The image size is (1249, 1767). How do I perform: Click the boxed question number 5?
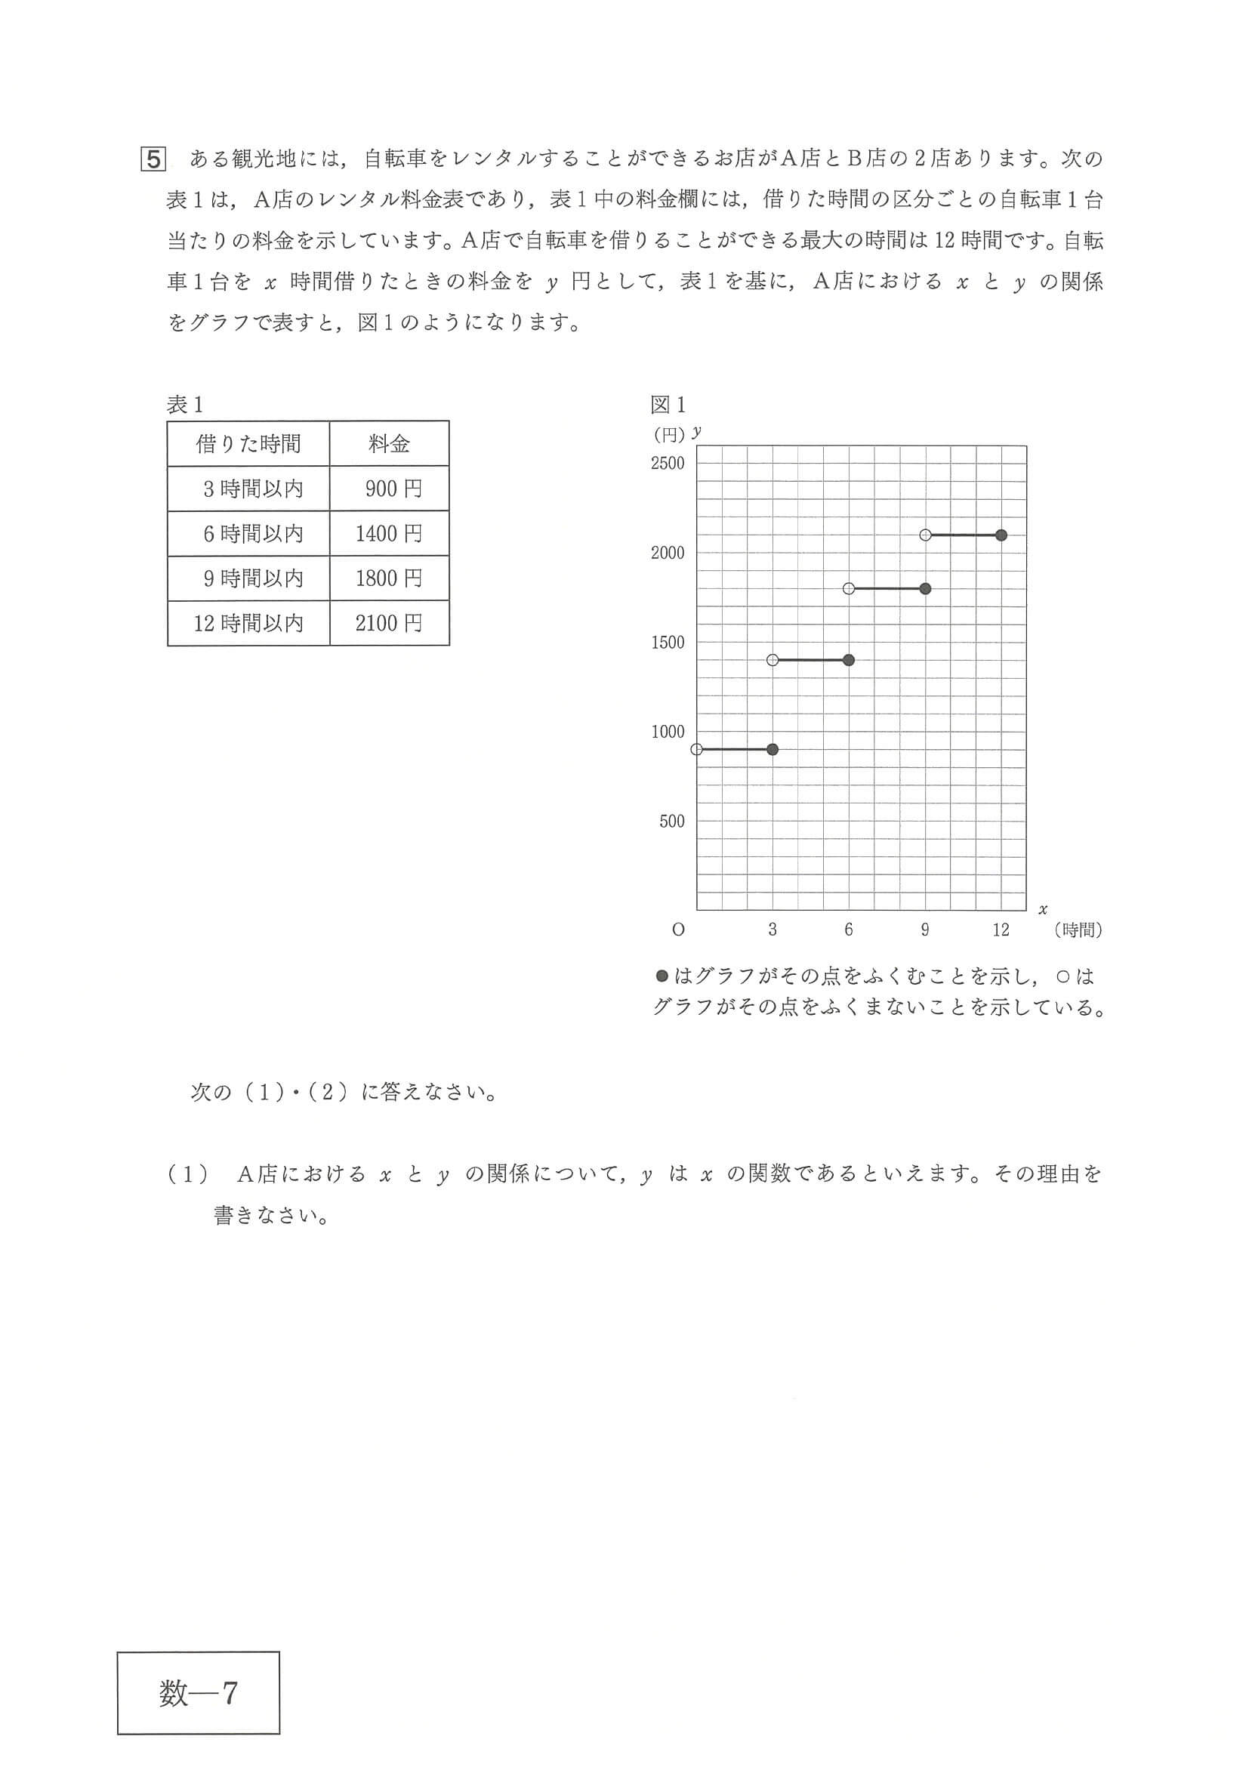(153, 159)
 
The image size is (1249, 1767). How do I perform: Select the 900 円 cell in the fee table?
(390, 489)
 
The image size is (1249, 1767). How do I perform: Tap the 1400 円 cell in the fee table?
(390, 533)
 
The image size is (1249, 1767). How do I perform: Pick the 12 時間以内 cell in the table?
(248, 623)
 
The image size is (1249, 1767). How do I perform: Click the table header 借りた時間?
(248, 443)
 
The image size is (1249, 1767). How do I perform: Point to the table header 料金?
(390, 443)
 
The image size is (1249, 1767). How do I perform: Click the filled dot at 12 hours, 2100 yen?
(1001, 535)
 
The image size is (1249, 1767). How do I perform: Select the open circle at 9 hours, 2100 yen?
(926, 535)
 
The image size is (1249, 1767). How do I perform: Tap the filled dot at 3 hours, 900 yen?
(773, 749)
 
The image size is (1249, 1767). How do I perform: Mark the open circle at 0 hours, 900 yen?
(697, 749)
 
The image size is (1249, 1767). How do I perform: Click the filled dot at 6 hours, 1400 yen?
(849, 659)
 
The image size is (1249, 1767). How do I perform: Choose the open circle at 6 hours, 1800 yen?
(849, 589)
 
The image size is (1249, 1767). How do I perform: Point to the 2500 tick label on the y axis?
(668, 464)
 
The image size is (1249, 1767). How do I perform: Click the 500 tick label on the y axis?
(671, 821)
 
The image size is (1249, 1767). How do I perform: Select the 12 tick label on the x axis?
(1001, 930)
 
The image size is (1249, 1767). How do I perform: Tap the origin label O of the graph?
(678, 930)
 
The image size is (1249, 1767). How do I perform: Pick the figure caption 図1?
(668, 404)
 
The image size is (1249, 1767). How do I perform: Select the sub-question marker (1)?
(188, 1174)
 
